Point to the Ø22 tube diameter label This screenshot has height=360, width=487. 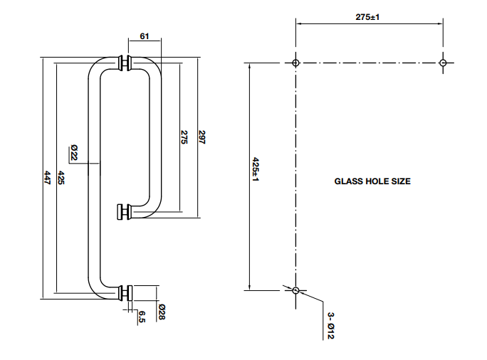(x=73, y=152)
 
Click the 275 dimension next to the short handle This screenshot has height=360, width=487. (x=184, y=137)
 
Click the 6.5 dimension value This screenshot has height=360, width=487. (x=142, y=317)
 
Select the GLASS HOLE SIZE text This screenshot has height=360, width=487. (x=372, y=181)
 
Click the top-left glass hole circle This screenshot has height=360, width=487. (x=296, y=63)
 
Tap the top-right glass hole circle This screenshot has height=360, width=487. (x=443, y=63)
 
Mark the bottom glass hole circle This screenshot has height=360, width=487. (x=296, y=290)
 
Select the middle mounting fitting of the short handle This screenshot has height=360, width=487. (x=123, y=211)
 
